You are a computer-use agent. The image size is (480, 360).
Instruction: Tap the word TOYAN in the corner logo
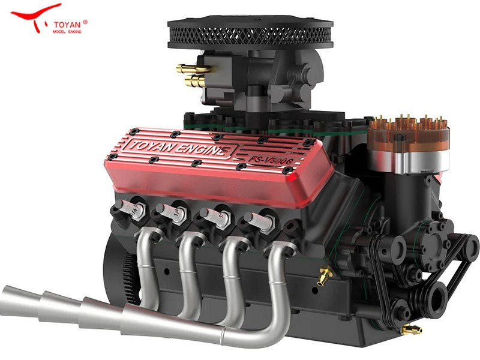click(67, 25)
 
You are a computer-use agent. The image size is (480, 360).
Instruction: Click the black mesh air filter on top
click(250, 32)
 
